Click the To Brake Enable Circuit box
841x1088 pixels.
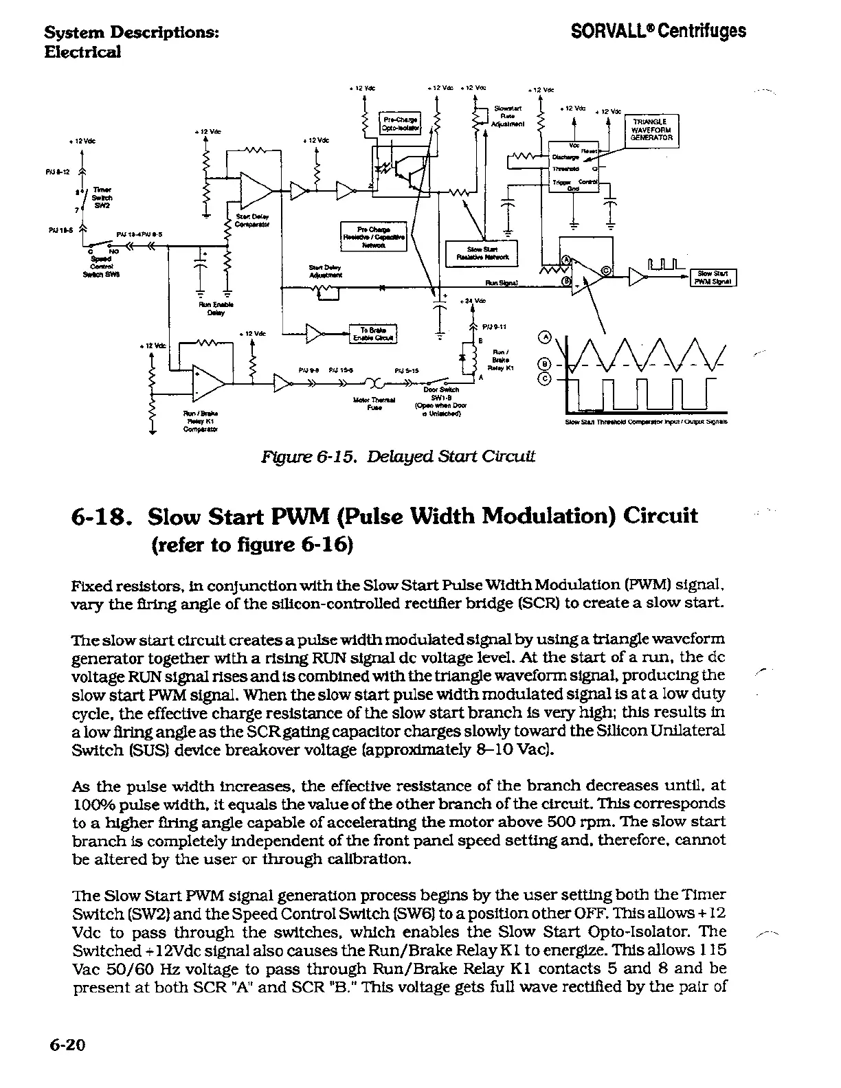(374, 333)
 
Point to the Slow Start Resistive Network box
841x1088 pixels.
(481, 253)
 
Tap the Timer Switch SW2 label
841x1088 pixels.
(100, 197)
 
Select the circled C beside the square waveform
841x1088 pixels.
(546, 378)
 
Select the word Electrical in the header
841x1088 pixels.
(82, 51)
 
